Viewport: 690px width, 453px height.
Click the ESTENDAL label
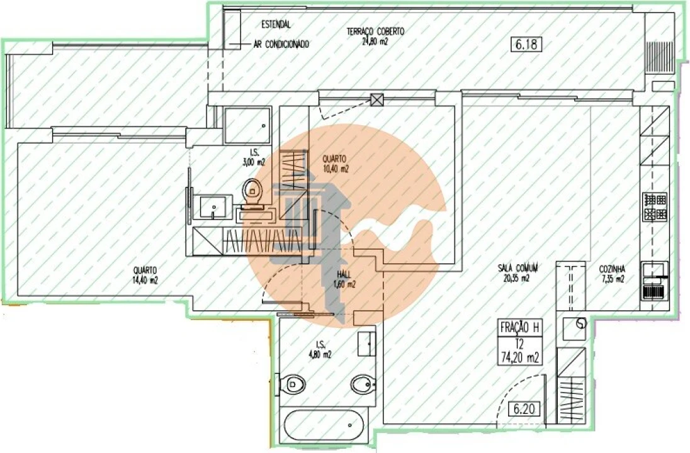pos(276,25)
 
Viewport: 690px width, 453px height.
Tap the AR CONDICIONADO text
pos(281,45)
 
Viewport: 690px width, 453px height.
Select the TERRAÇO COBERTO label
pos(375,31)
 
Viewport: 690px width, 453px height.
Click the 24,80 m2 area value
pos(375,42)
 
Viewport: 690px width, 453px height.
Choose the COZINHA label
pos(611,273)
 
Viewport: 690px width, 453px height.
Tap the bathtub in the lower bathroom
pos(325,426)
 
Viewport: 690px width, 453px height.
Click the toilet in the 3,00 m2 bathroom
pos(254,191)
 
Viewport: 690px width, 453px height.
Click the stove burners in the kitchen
pos(655,207)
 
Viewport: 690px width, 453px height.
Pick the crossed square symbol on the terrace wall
pos(377,99)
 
